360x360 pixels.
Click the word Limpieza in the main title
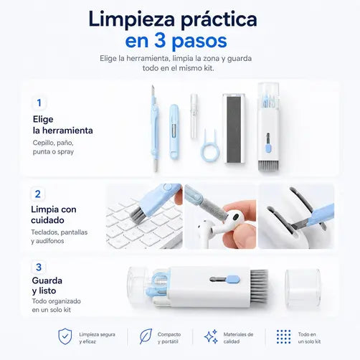[131, 20]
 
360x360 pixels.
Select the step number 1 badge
[39, 103]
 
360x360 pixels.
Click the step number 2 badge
[38, 194]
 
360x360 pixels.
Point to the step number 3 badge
[39, 267]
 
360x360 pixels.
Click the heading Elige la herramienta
[62, 125]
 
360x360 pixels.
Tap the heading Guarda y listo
[47, 285]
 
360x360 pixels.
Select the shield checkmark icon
[65, 336]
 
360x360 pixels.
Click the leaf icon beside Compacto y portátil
[146, 336]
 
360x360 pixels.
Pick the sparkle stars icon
[212, 336]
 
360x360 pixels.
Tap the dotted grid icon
[284, 336]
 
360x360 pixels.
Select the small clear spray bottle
[194, 116]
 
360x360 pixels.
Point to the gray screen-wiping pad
[235, 129]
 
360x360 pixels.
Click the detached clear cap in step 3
[303, 288]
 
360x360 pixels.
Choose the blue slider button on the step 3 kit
[232, 279]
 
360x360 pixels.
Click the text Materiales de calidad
[238, 338]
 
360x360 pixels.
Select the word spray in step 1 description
[65, 152]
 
